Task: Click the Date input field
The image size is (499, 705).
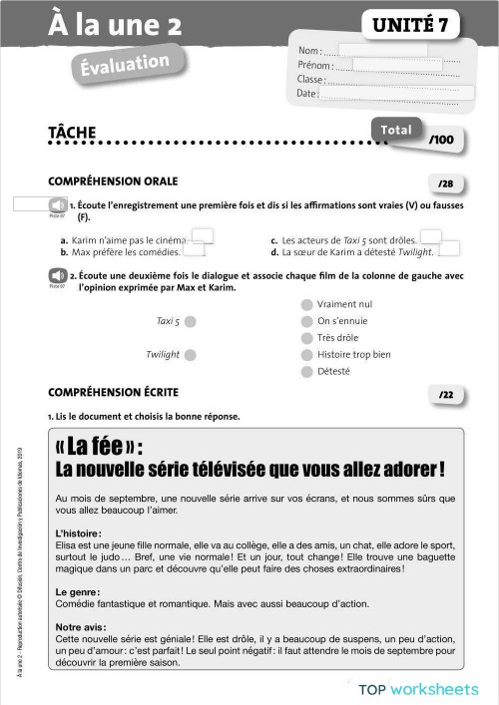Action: (397, 93)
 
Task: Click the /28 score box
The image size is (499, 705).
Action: (445, 183)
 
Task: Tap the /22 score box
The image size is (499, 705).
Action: (445, 395)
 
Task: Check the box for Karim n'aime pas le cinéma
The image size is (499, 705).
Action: (202, 237)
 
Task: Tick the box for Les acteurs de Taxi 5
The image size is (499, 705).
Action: (431, 237)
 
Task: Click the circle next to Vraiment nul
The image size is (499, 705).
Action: (306, 304)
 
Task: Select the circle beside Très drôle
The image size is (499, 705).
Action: (306, 338)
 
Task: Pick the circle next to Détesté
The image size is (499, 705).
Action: (306, 372)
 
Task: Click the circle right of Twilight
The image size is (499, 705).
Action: (190, 355)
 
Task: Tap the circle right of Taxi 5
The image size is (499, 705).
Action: (190, 321)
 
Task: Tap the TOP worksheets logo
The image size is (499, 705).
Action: (419, 689)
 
